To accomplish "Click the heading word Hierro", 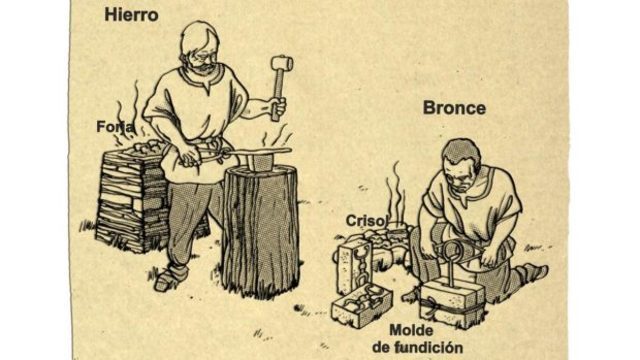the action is (131, 15).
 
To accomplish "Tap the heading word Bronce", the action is (454, 108).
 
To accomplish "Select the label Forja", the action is (115, 127).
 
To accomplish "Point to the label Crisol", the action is (365, 221).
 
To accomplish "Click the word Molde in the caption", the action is (411, 330).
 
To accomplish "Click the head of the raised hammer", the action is (282, 63).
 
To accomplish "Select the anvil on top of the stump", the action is (260, 160).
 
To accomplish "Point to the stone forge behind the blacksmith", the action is (131, 196).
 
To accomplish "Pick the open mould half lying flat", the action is (361, 306).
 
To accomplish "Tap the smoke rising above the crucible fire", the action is (395, 192).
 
